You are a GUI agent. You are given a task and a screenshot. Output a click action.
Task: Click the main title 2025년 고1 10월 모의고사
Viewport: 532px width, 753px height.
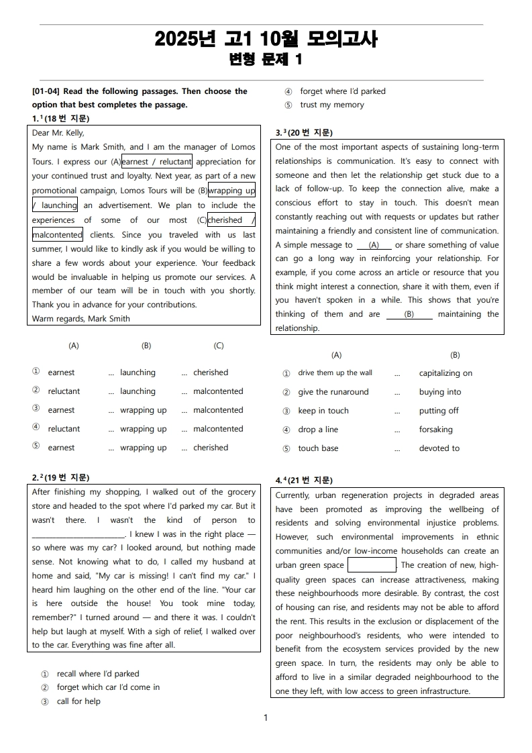(x=266, y=39)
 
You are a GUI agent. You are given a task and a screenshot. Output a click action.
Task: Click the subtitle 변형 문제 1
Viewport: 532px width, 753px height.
(x=266, y=60)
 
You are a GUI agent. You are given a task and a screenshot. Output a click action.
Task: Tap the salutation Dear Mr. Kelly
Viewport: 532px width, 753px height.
(x=58, y=133)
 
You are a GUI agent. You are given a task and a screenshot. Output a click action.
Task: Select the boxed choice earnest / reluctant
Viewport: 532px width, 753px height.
(x=157, y=162)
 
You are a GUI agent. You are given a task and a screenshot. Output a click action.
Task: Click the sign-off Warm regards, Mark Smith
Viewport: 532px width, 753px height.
(x=81, y=319)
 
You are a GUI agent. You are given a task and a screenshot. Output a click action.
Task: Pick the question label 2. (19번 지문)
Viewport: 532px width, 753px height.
(x=60, y=478)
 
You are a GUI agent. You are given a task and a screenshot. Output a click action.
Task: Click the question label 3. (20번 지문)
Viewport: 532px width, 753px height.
(x=304, y=133)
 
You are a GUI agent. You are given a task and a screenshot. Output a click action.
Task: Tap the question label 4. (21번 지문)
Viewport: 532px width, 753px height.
(x=304, y=481)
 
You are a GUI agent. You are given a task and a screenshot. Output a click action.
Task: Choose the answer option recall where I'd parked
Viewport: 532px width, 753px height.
(x=98, y=674)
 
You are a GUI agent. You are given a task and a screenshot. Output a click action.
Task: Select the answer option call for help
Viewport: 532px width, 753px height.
(x=78, y=701)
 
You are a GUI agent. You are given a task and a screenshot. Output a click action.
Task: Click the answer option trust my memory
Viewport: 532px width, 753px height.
(x=332, y=105)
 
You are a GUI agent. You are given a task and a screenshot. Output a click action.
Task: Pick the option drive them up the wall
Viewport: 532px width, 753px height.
(x=335, y=373)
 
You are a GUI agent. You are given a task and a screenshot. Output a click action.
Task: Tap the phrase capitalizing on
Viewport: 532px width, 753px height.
(x=445, y=373)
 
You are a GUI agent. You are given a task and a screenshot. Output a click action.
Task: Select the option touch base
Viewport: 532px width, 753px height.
(x=318, y=448)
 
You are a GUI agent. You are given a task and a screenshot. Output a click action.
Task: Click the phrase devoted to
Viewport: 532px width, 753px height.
(x=439, y=448)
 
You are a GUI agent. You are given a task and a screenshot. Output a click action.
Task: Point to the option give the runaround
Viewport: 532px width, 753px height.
(x=333, y=392)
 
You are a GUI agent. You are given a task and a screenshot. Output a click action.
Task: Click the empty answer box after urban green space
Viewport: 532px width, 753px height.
(x=372, y=565)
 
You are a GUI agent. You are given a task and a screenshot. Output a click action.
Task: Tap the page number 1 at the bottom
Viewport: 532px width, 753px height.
(x=266, y=718)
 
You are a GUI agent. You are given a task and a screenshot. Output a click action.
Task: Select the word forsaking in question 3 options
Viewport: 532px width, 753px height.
(x=436, y=430)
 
